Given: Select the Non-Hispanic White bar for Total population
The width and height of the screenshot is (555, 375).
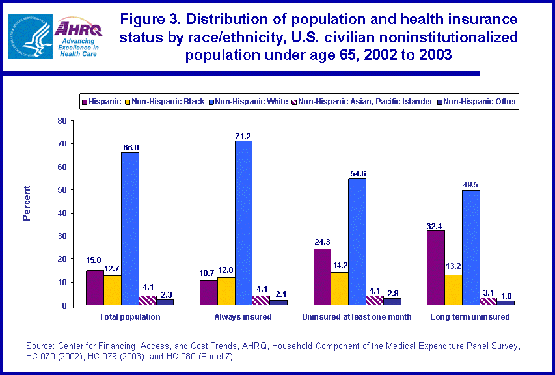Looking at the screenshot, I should (x=129, y=229).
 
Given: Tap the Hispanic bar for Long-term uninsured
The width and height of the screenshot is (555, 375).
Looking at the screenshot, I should (x=435, y=268).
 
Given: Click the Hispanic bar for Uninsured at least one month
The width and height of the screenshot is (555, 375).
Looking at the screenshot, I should (x=322, y=277).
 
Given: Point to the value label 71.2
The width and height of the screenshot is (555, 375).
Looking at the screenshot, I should (x=243, y=135).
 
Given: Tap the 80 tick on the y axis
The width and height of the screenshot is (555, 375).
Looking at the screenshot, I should (x=62, y=120).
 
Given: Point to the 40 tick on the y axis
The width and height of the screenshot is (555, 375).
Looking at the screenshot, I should (x=62, y=213).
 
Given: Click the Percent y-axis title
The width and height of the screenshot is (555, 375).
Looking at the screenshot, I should (x=27, y=203).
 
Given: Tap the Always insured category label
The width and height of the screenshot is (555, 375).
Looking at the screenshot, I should (x=243, y=316).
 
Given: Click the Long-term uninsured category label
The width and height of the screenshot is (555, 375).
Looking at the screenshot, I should (x=470, y=316).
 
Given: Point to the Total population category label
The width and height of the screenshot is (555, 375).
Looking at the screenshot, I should (x=129, y=316).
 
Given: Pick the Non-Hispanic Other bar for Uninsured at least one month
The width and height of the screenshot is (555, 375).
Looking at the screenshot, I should (x=392, y=301).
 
